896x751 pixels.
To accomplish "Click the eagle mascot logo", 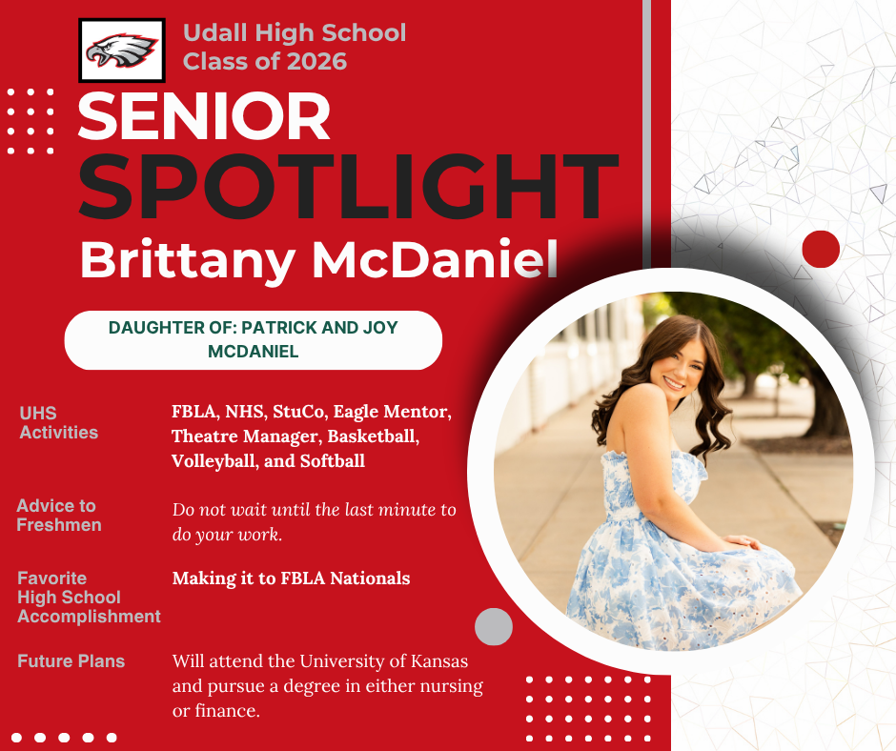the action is coord(122,51).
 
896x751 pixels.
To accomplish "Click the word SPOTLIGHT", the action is coord(348,187).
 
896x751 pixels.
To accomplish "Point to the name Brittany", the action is coord(187,260).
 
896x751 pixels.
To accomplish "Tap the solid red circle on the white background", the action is coord(821,249).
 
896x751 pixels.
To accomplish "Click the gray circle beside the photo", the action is coord(494,626).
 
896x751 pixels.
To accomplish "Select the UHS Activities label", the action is coord(59,423).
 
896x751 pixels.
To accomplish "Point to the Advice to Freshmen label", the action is coord(59,516).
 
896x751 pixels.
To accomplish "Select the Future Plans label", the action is coord(71,661).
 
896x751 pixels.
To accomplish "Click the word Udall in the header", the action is coord(215,32).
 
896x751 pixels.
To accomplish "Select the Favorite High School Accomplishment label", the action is coord(89,598).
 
